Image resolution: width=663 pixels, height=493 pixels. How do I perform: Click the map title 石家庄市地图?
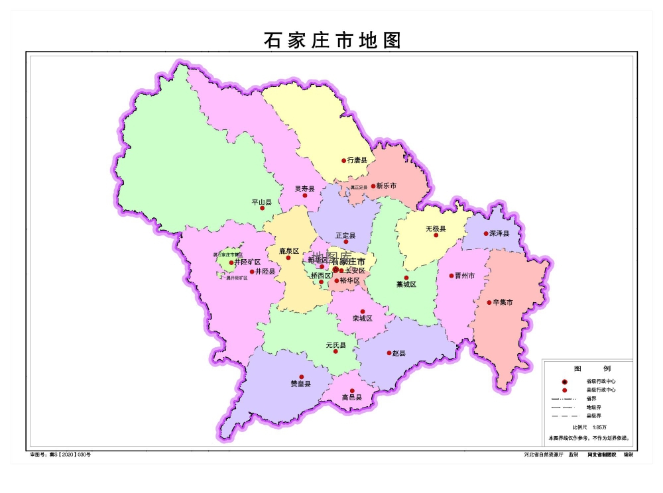point(332,40)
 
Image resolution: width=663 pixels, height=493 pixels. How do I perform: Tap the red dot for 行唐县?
point(343,160)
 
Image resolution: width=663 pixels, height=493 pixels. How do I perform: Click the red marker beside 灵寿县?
point(305,195)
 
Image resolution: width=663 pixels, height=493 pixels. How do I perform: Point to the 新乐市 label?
point(386,186)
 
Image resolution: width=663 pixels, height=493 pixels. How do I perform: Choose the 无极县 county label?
point(436,229)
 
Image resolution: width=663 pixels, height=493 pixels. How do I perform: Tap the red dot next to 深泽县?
point(486,233)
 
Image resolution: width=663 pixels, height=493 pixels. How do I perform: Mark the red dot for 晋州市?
point(451,276)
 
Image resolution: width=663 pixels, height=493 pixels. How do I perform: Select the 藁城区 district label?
point(406,284)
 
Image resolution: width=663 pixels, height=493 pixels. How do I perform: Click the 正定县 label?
point(345,235)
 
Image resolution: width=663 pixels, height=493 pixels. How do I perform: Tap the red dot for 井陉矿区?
point(231,262)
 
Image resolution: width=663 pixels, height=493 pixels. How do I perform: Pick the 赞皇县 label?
point(301,384)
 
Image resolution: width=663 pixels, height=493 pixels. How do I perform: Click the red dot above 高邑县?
point(352,391)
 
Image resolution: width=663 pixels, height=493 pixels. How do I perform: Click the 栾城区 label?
point(363,318)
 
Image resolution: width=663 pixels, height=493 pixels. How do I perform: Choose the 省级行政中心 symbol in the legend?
point(564,382)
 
